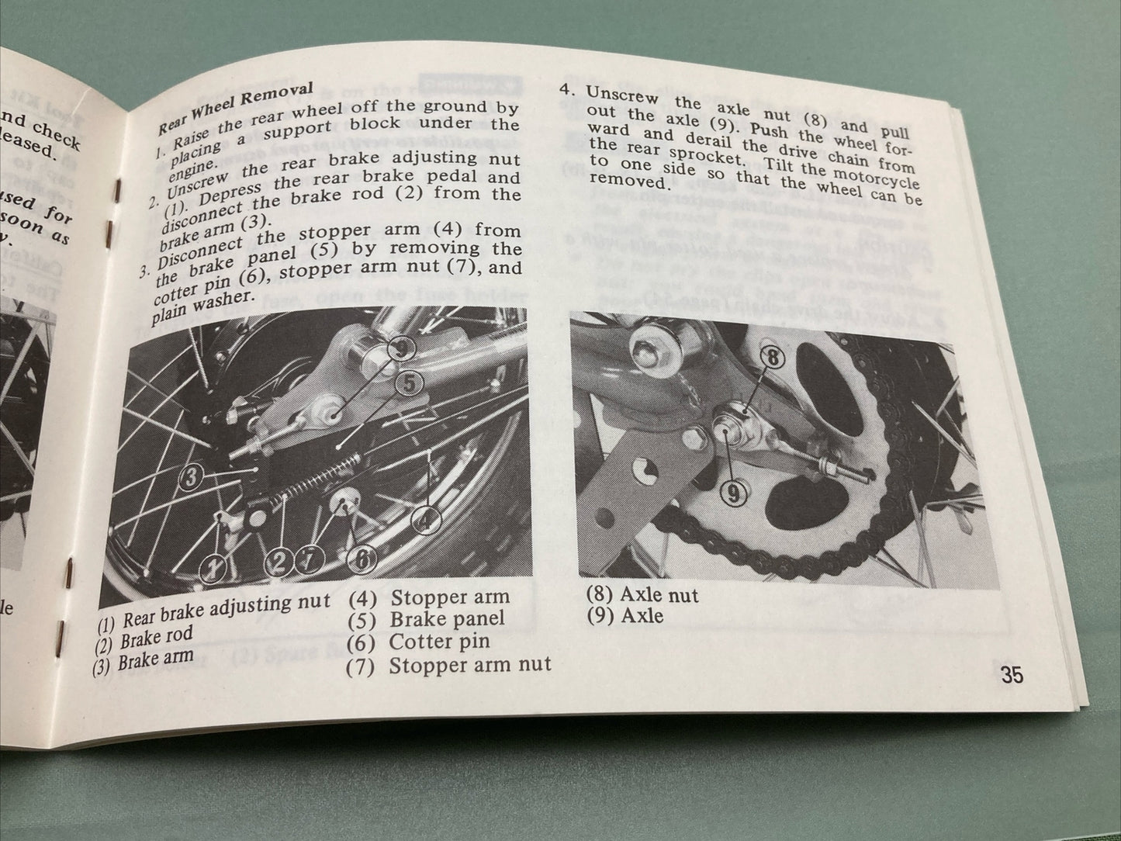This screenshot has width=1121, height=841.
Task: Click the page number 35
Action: click(x=1012, y=675)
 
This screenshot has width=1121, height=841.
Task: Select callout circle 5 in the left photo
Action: click(x=410, y=381)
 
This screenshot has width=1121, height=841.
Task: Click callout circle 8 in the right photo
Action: click(x=775, y=358)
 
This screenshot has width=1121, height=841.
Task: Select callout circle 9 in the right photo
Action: click(x=733, y=492)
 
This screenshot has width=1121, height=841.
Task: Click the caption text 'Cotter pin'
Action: click(x=439, y=642)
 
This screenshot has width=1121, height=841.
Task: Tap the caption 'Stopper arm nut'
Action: click(x=469, y=665)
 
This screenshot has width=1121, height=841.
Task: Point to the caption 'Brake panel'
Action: click(x=447, y=619)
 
